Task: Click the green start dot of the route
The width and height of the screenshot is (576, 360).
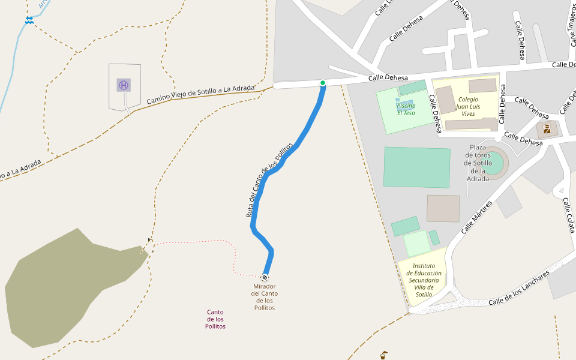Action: (x=323, y=83)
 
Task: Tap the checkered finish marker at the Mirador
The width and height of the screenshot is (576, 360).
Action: (x=265, y=277)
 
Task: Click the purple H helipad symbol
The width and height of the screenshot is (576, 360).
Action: (x=124, y=85)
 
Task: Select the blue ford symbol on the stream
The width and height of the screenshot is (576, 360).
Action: (x=29, y=20)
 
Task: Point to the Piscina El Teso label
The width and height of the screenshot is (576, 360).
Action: (x=406, y=109)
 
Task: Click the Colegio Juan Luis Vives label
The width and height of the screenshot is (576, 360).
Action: (x=468, y=106)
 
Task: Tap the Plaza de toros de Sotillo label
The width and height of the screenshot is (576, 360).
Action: (x=478, y=163)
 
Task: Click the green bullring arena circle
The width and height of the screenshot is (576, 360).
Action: (x=493, y=164)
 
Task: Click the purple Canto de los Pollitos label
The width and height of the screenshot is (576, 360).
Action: (x=215, y=319)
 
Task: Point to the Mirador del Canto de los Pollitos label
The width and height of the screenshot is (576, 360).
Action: (x=265, y=297)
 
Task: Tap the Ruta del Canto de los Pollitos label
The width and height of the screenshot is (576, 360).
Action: (x=269, y=180)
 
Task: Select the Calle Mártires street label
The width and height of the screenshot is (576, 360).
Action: (x=477, y=217)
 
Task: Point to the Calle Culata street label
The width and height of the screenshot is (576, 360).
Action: (x=569, y=214)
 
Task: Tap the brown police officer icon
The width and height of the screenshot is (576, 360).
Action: (x=547, y=129)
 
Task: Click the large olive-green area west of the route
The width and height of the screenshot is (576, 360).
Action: (x=66, y=288)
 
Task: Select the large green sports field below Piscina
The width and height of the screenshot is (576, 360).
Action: (x=417, y=167)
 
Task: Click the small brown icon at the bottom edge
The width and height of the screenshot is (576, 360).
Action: (x=383, y=355)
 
